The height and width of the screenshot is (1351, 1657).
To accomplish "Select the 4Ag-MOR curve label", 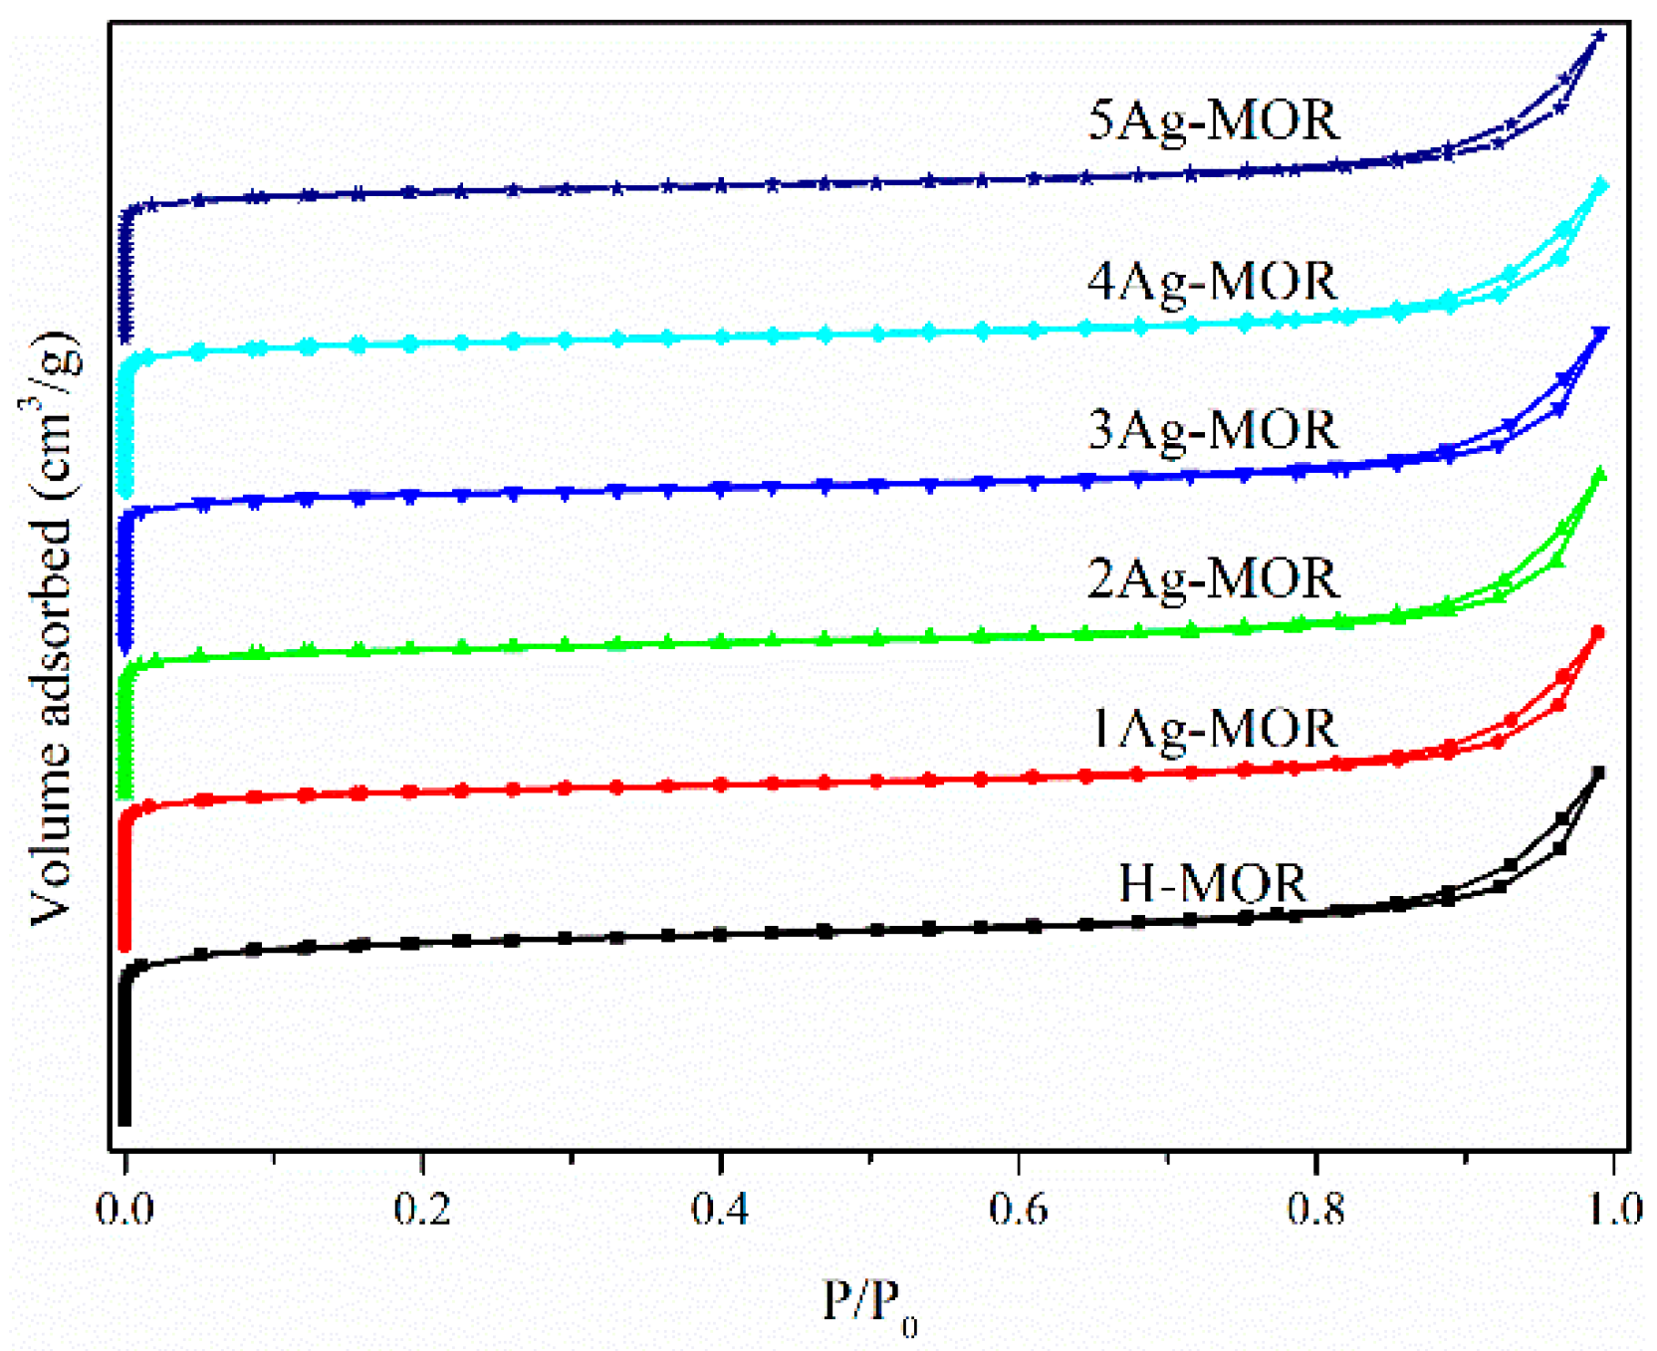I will pyautogui.click(x=1213, y=282).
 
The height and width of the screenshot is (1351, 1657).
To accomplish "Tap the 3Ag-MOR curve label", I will pyautogui.click(x=1213, y=431).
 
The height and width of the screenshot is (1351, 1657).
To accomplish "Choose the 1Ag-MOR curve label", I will pyautogui.click(x=1213, y=729).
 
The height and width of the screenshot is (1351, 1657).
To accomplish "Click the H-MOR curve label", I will pyautogui.click(x=1213, y=883).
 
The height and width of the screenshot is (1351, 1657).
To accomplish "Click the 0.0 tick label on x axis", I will pyautogui.click(x=124, y=1209).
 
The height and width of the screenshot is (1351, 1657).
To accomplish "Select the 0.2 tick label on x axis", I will pyautogui.click(x=422, y=1209).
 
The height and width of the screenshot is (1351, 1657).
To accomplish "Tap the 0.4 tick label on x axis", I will pyautogui.click(x=720, y=1209).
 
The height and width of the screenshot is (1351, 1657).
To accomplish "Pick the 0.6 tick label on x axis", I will pyautogui.click(x=1018, y=1209).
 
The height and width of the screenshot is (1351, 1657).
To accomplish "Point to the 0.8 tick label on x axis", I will pyautogui.click(x=1316, y=1209).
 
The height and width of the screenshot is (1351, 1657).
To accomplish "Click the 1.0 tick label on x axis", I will pyautogui.click(x=1613, y=1209).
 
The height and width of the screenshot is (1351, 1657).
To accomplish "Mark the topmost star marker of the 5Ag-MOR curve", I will pyautogui.click(x=1600, y=36).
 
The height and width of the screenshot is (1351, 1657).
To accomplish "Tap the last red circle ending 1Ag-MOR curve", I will pyautogui.click(x=1598, y=632).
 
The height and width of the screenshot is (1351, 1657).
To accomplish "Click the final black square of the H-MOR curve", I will pyautogui.click(x=1599, y=773).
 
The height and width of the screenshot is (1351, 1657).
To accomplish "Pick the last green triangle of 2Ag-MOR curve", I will pyautogui.click(x=1600, y=473).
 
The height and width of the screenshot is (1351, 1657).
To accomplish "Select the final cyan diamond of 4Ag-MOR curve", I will pyautogui.click(x=1601, y=185).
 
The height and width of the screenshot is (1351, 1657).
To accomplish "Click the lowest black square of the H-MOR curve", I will pyautogui.click(x=124, y=1120).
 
